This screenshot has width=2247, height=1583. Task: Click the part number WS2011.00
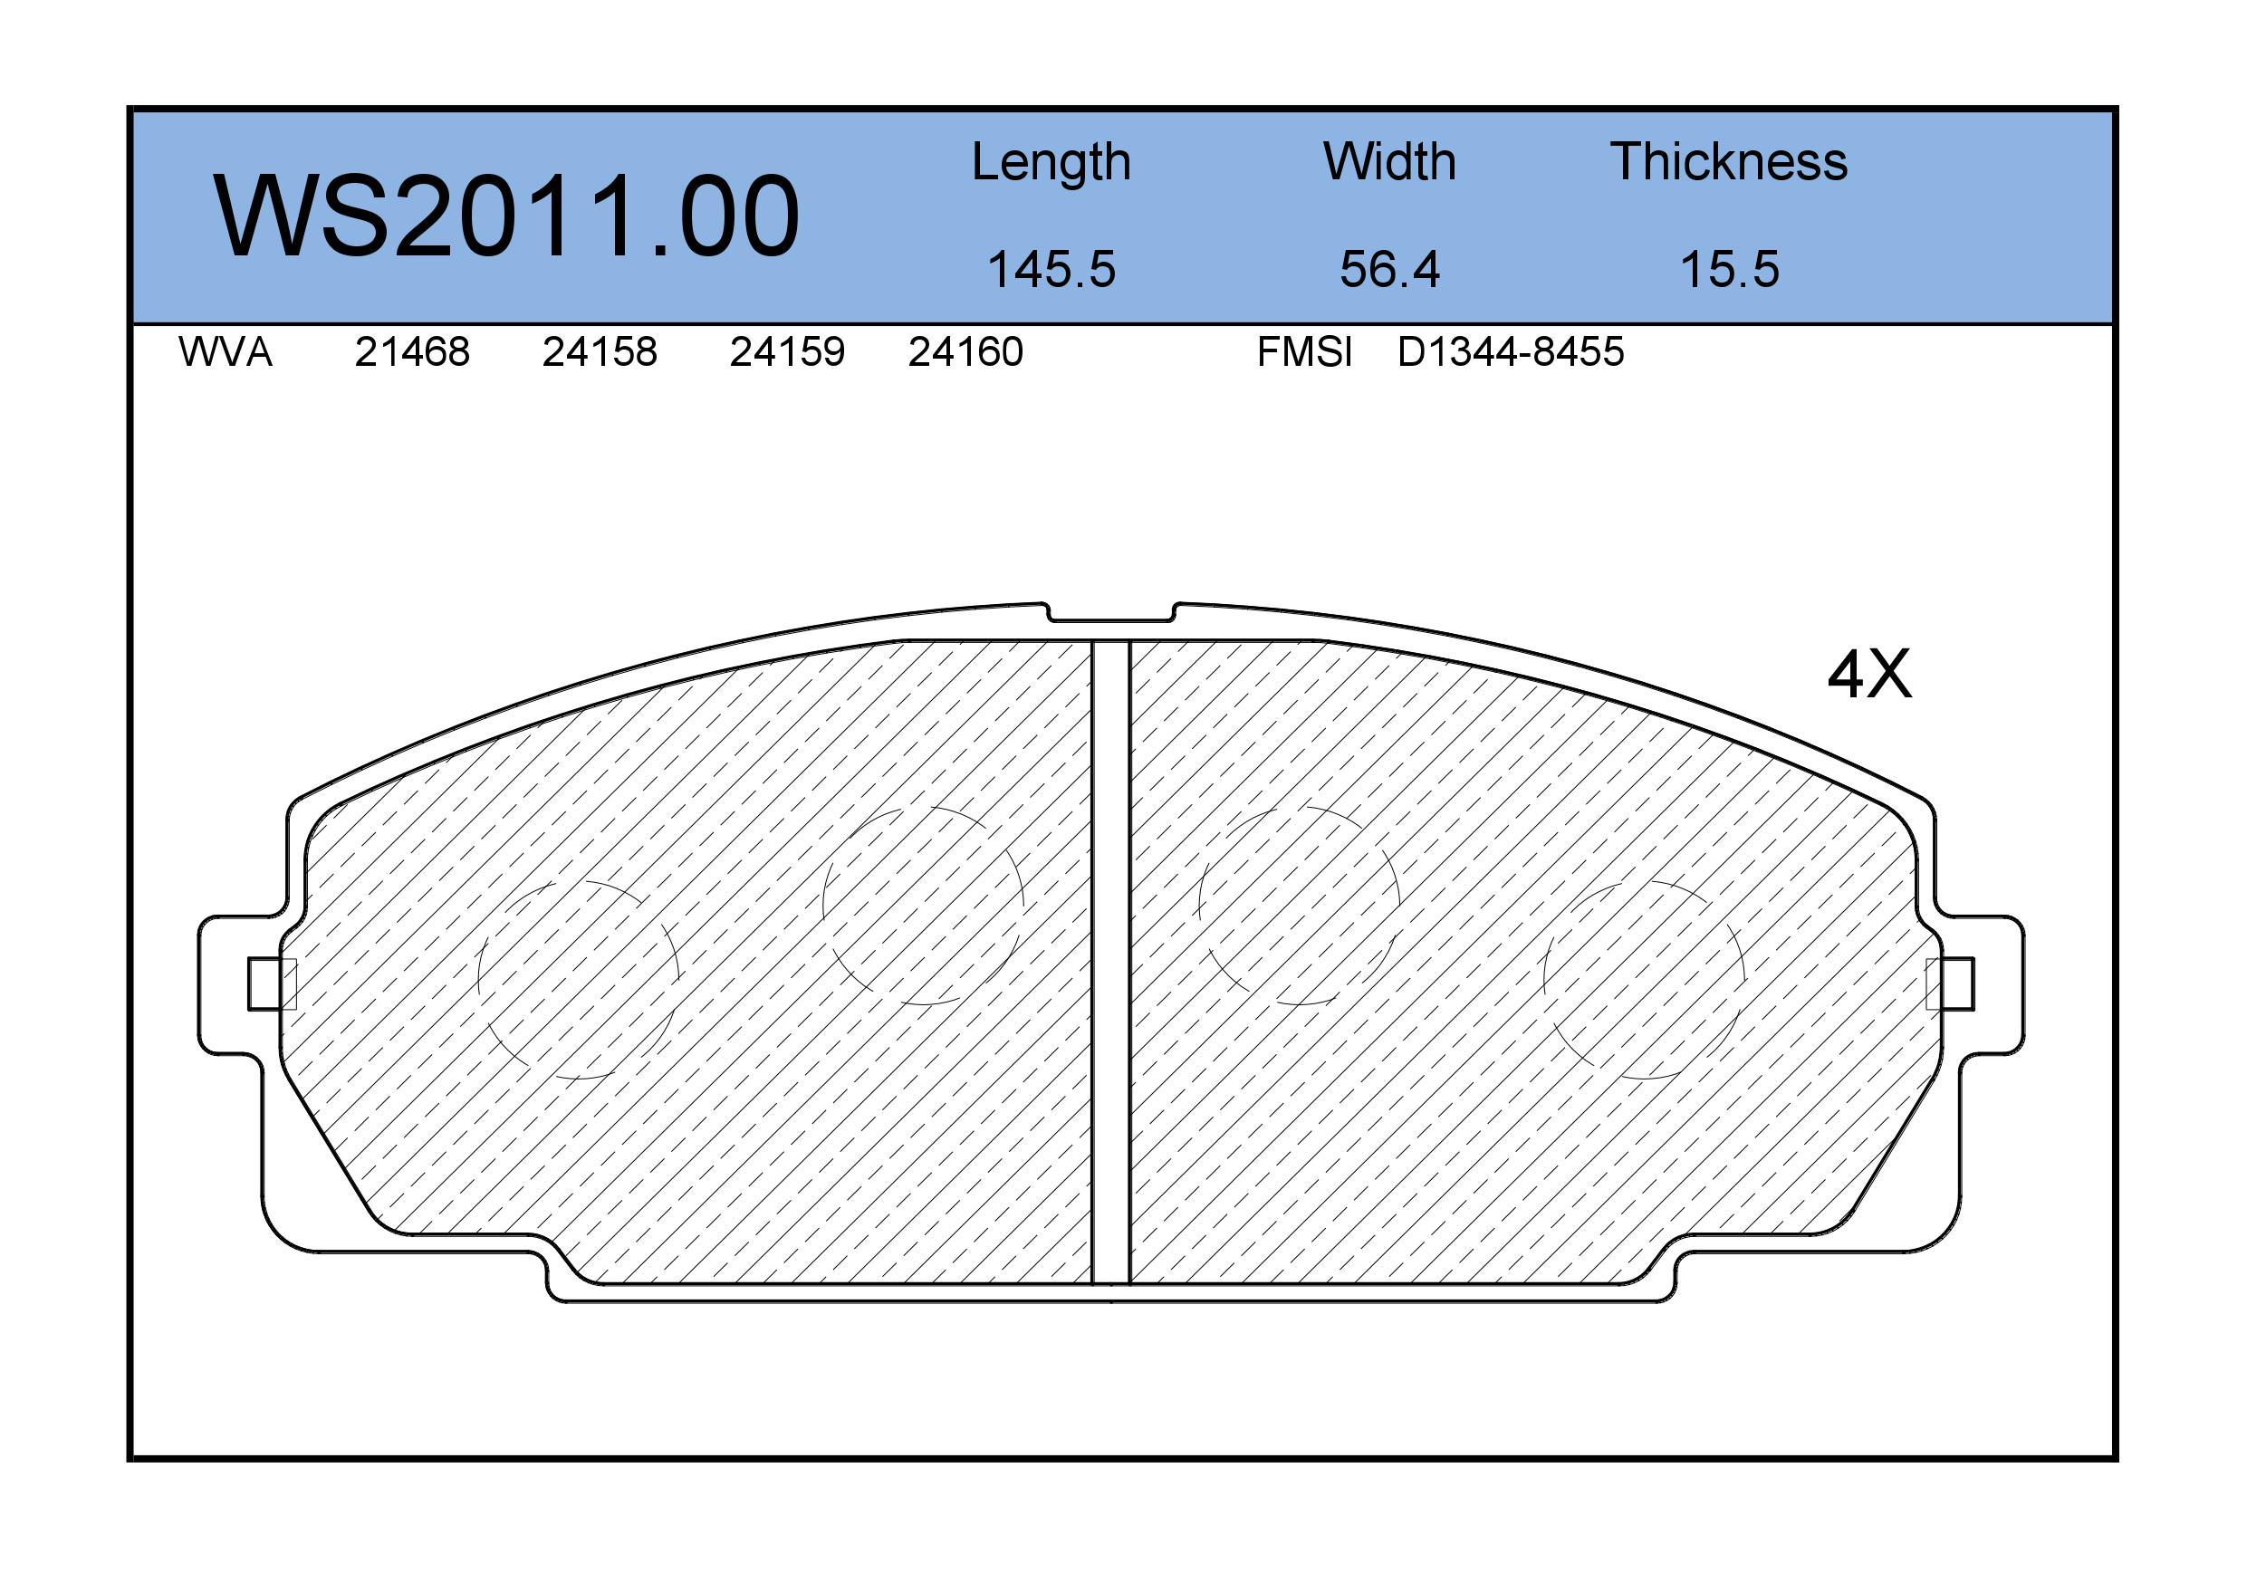[x=507, y=216]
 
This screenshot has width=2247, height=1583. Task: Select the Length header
[x=1051, y=162]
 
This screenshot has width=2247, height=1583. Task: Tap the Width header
[x=1389, y=161]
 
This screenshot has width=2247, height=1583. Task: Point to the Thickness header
[x=1729, y=161]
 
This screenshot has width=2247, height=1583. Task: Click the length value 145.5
[x=1051, y=269]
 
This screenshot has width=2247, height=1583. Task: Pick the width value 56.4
[x=1389, y=269]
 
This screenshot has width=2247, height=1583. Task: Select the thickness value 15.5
[x=1729, y=269]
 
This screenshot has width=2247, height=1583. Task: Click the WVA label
[x=226, y=351]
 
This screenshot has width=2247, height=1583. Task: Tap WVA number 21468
[x=412, y=351]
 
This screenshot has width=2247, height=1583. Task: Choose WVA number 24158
[x=600, y=351]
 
